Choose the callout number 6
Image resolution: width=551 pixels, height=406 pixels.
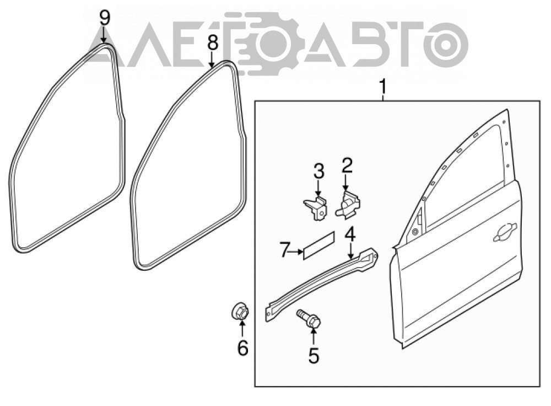point(242,348)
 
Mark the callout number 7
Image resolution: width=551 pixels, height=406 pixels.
point(285,250)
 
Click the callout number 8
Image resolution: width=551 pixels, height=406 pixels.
point(212,44)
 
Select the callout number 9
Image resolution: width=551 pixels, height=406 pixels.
point(104,18)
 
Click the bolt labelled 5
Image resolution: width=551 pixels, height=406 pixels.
point(309,319)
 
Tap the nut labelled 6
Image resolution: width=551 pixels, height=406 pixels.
point(240,312)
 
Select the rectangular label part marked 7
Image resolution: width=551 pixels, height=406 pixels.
point(319,245)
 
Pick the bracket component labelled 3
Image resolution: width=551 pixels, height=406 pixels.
point(315,208)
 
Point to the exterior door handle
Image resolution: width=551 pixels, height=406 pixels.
point(505,233)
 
